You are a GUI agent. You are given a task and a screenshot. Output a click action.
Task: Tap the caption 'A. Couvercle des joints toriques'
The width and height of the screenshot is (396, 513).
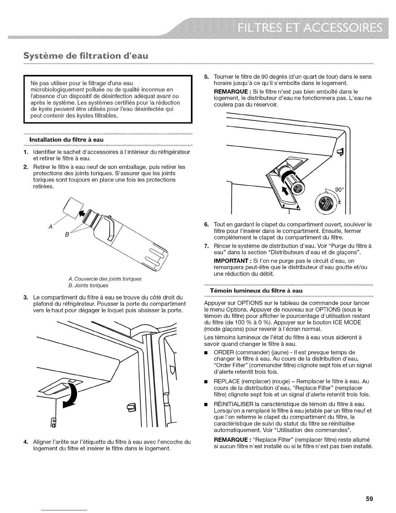coord(105,279)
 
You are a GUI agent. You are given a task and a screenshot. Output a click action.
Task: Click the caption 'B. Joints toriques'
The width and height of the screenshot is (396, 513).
coord(88,285)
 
